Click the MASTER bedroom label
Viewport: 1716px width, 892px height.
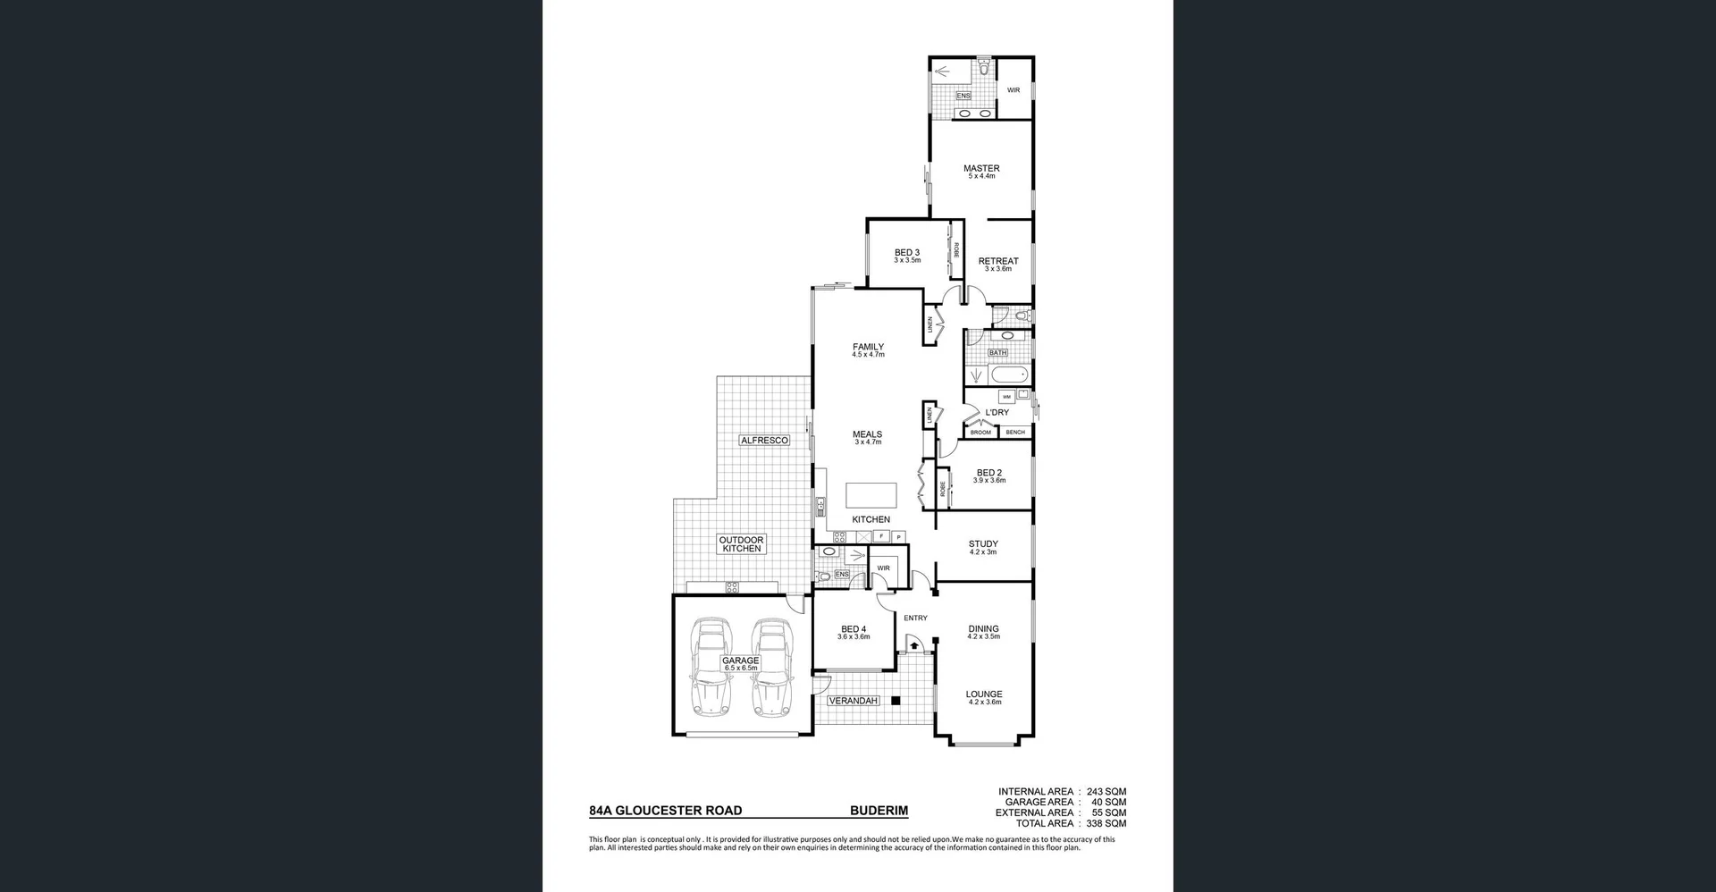980,168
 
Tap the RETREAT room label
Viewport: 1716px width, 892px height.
997,261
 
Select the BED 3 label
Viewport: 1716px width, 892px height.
906,253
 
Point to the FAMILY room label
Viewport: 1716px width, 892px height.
867,347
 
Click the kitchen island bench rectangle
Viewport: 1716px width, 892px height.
871,495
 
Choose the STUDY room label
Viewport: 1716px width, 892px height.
982,543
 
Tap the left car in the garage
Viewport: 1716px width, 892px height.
712,668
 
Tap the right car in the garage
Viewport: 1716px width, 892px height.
771,668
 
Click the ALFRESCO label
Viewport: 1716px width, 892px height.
764,441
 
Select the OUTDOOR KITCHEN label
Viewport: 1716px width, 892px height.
741,543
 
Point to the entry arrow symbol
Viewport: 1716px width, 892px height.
914,644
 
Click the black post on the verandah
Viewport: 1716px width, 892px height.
895,701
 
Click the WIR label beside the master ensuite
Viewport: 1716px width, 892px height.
1013,90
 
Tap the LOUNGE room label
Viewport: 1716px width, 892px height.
983,694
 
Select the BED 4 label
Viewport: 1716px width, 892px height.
853,629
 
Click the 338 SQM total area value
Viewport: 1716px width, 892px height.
1106,823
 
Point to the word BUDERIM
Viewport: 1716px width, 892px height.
878,811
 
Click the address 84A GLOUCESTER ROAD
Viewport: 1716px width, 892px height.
665,811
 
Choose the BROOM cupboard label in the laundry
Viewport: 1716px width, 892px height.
980,433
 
